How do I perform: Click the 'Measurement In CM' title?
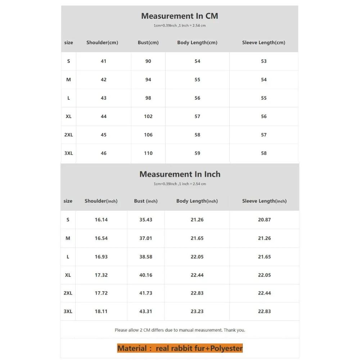[x=179, y=16]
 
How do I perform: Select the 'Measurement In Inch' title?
[x=180, y=174]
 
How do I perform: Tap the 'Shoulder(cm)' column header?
[x=102, y=42]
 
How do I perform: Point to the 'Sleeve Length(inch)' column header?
[x=264, y=201]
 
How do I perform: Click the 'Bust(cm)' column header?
[x=148, y=42]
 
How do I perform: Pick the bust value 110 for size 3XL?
[x=148, y=153]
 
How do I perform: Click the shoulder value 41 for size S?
[x=104, y=61]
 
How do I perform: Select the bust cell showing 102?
[x=148, y=116]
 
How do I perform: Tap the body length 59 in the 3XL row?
[x=197, y=153]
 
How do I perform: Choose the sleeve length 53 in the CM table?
[x=264, y=61]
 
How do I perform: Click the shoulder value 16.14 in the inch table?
[x=101, y=220]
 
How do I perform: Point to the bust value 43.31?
[x=146, y=311]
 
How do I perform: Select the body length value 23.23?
[x=197, y=311]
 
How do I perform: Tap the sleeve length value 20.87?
[x=264, y=220]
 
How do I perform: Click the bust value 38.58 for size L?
[x=146, y=257]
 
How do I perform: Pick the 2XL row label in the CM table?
[x=68, y=135]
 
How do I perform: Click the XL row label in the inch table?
[x=68, y=275]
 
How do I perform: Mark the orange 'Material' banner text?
[x=180, y=348]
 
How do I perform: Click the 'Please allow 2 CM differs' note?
[x=180, y=330]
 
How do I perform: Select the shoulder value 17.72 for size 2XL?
[x=101, y=293]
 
